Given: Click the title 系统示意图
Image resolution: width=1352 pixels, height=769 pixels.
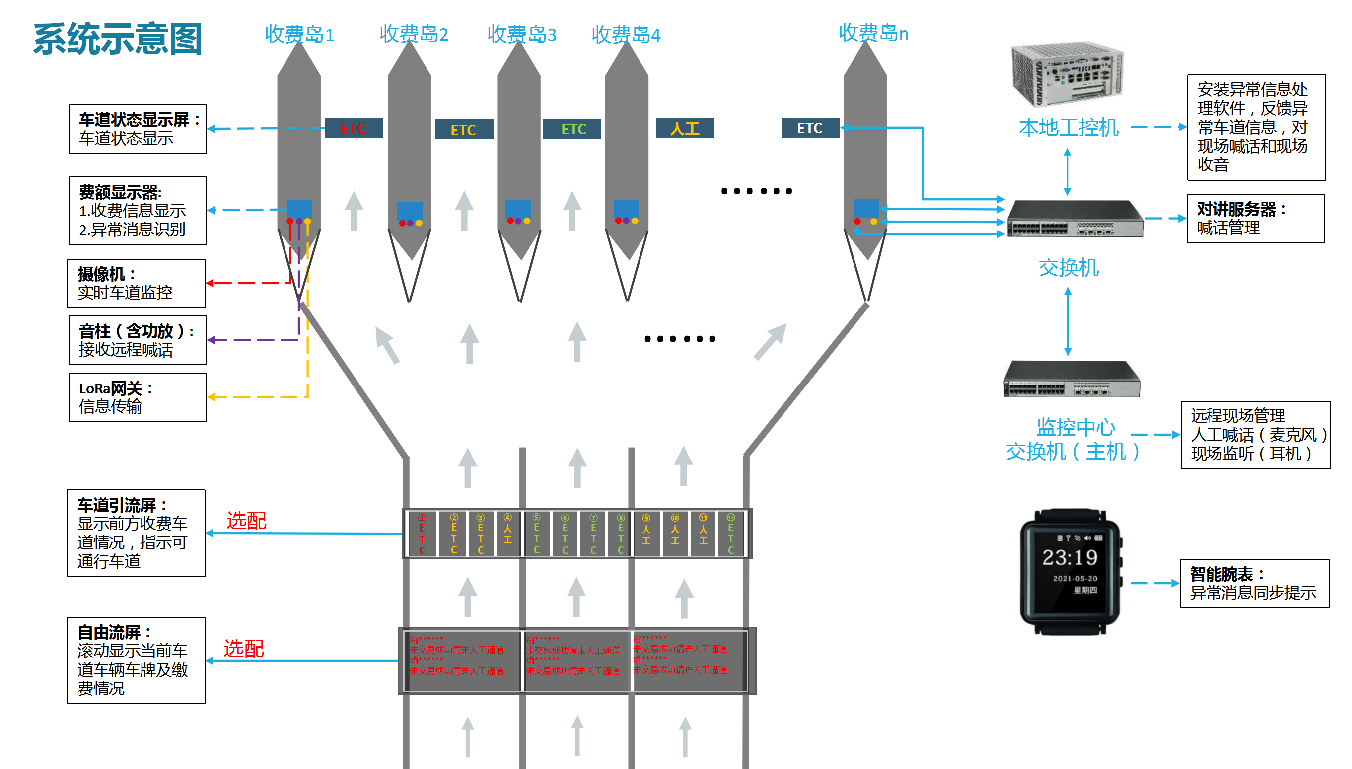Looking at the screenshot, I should point(118,39).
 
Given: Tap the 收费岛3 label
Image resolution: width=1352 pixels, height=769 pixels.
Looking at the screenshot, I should point(521,34).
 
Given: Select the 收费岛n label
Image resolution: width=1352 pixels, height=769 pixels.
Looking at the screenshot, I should point(873,33).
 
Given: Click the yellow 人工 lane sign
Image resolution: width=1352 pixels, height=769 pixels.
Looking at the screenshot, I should point(685,128).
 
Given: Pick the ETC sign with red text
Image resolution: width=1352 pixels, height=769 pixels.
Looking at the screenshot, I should point(353,128).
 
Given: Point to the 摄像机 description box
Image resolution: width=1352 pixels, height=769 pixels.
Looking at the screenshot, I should point(137,283).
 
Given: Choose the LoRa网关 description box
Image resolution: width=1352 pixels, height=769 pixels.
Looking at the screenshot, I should point(137,397).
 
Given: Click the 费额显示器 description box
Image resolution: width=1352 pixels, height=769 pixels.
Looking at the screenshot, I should point(137,211).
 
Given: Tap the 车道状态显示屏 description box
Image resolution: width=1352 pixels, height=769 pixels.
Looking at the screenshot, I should point(137,129).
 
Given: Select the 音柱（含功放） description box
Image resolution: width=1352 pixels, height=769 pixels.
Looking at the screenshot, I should point(137,340).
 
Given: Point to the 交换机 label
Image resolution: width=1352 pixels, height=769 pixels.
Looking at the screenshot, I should point(1068,268).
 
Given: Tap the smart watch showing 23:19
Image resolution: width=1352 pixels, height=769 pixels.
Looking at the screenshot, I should point(1070,571).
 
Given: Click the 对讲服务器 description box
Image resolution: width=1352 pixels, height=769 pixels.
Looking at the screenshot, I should point(1255,219).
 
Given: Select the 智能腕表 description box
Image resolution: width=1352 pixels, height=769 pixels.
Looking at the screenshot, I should point(1254,583).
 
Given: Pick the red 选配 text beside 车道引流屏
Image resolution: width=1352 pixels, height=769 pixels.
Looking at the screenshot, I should point(246,521).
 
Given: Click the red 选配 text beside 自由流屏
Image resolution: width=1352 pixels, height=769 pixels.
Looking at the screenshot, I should point(243,649).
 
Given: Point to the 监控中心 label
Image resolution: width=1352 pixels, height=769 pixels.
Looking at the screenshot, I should point(1075,427).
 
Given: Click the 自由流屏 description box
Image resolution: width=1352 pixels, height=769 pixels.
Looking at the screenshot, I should point(136,660).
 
